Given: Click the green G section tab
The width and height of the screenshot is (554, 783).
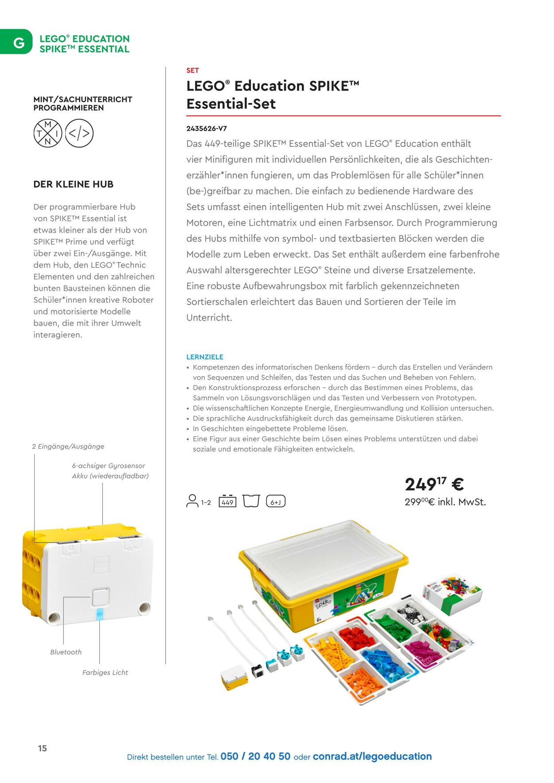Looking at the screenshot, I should click(17, 42).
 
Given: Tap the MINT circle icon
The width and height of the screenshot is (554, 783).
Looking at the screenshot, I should click(48, 133).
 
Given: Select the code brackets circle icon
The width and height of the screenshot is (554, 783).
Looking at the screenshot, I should click(79, 133).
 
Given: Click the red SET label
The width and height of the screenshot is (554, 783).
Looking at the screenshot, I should click(192, 70).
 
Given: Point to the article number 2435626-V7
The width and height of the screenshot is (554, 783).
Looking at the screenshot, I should click(207, 129).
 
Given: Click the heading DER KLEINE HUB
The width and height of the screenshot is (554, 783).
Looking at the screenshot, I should click(73, 184).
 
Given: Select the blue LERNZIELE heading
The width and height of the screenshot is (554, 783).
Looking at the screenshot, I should click(205, 357).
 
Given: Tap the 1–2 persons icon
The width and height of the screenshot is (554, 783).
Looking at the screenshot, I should click(198, 501).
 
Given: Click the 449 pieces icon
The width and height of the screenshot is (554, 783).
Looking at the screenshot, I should click(227, 501).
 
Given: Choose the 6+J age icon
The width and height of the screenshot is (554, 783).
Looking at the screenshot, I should click(276, 501).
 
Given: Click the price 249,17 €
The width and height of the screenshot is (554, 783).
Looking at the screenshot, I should click(434, 484).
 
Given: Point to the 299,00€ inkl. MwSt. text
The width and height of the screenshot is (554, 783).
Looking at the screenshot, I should click(445, 502).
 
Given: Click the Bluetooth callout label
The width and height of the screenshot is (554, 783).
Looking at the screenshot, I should click(66, 652).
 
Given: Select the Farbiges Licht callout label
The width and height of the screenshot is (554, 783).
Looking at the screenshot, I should click(105, 673).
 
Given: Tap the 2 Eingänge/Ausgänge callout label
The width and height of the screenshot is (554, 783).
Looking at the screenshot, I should click(68, 446).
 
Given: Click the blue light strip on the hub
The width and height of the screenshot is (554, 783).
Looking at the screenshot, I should click(99, 615).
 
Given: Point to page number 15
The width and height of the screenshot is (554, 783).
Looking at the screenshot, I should click(43, 748).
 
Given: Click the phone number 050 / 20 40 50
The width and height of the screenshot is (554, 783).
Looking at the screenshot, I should click(255, 756).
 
